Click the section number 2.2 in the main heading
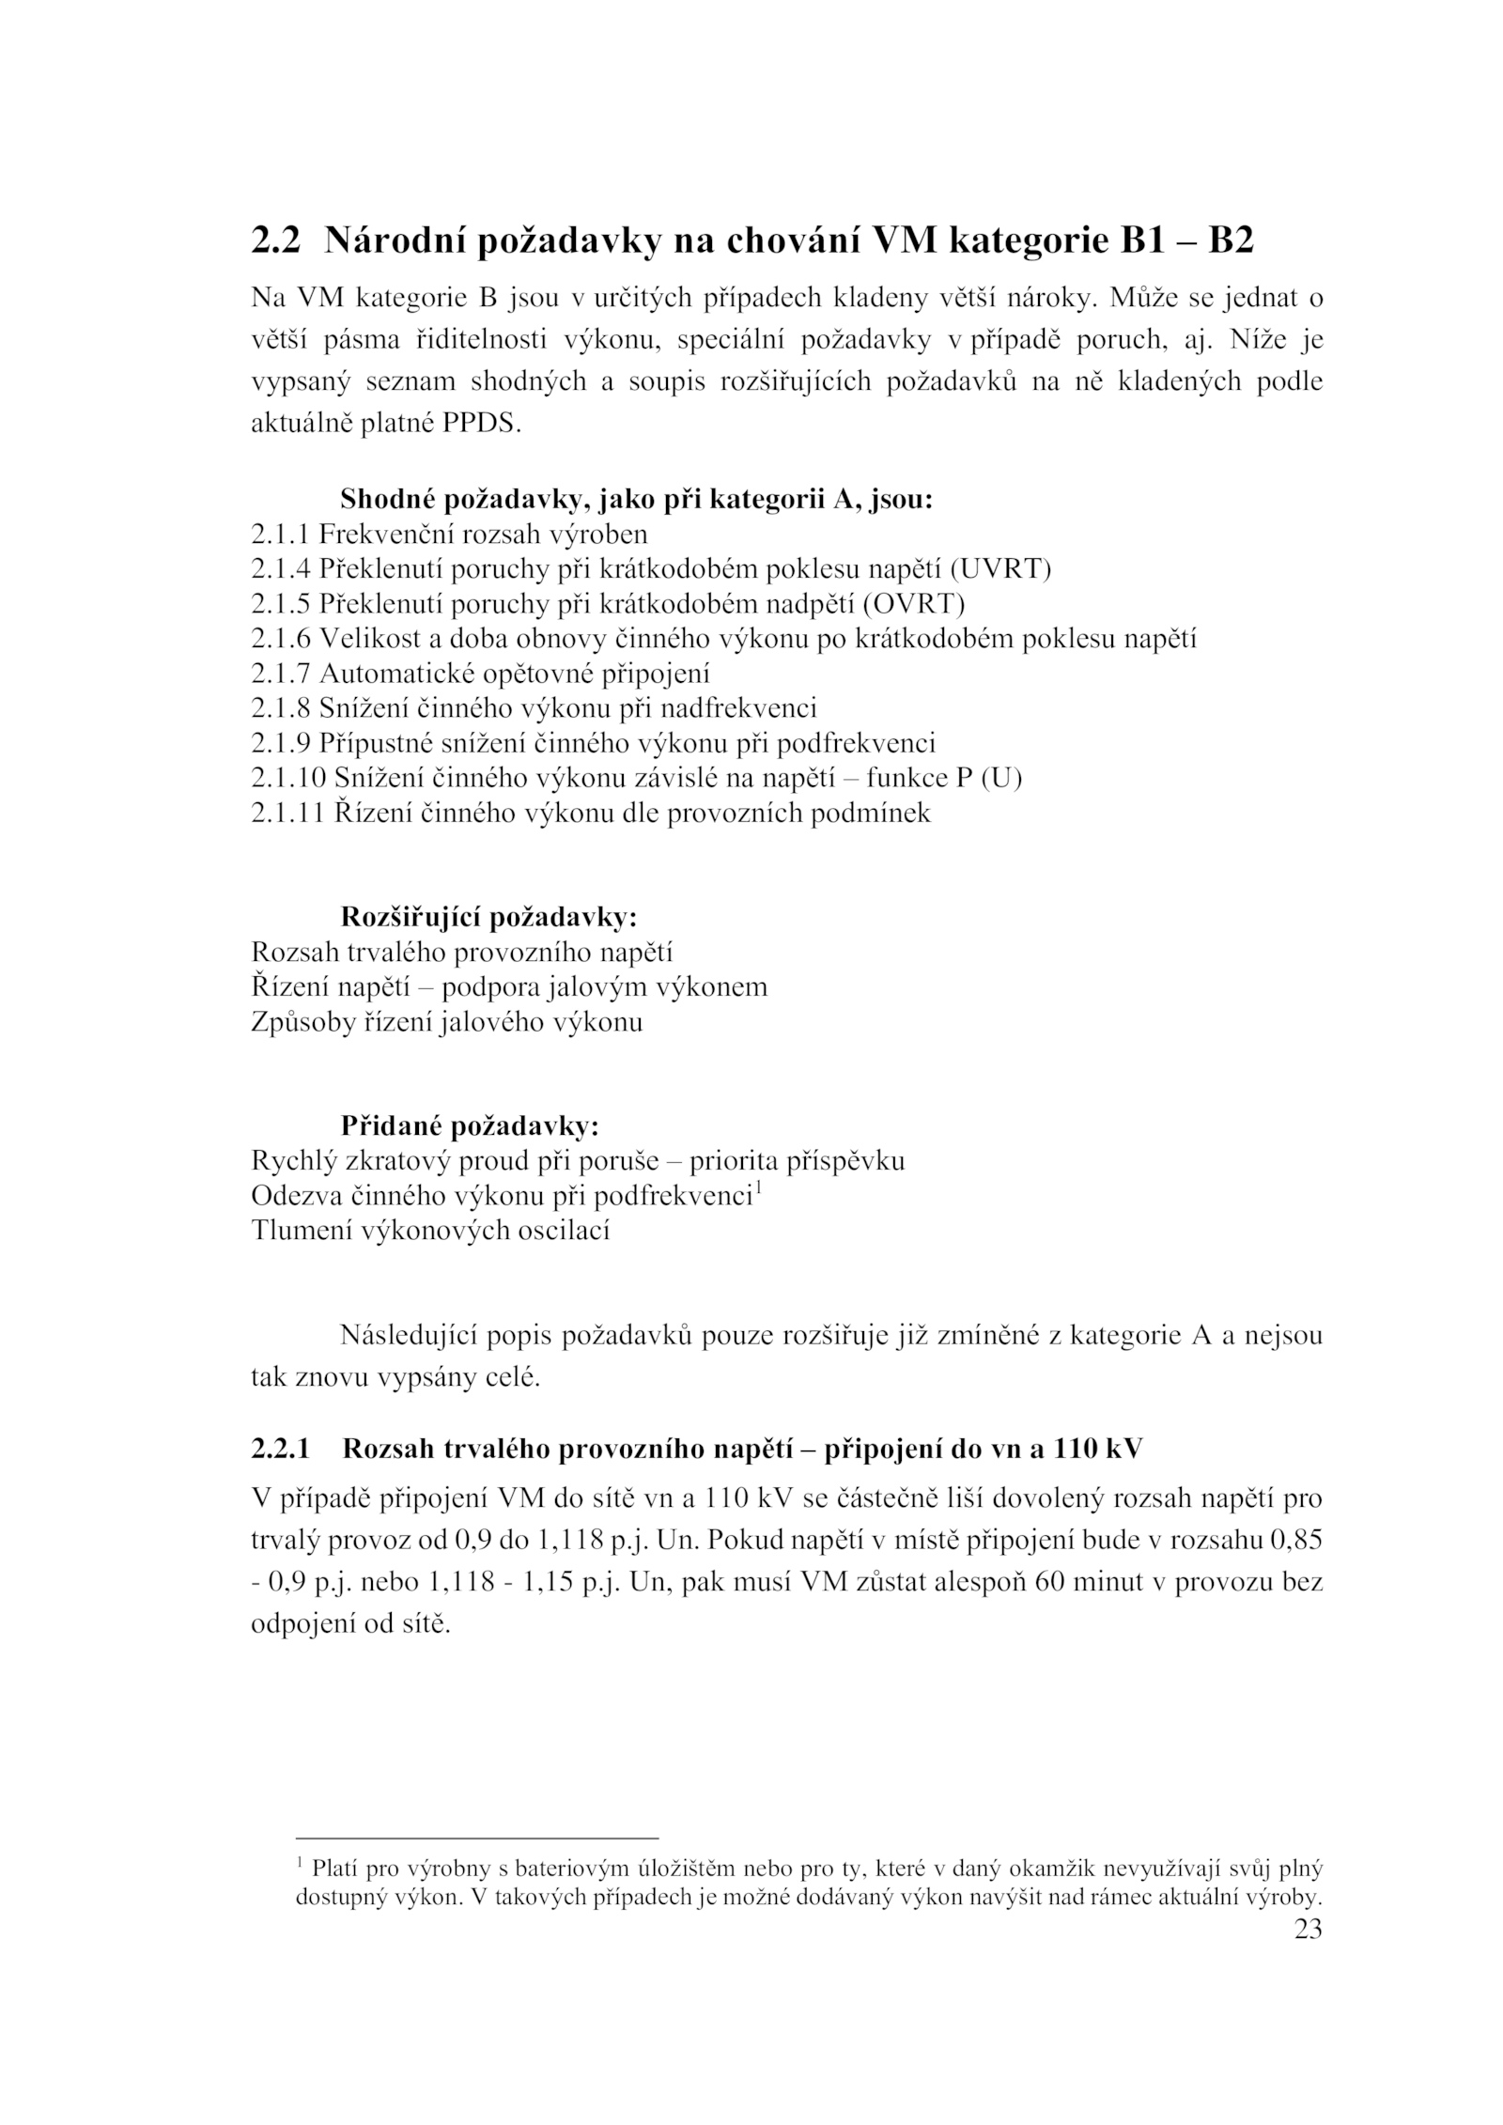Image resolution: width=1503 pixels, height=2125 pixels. click(275, 241)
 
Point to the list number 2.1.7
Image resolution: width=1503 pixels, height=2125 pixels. click(280, 674)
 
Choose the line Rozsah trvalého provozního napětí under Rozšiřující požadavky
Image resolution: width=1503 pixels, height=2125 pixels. click(461, 952)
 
